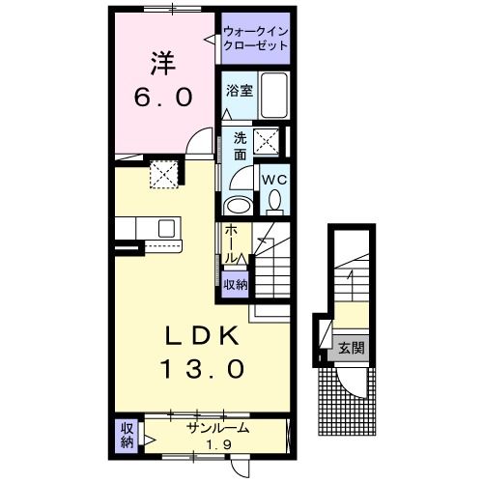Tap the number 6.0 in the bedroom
tap(162, 98)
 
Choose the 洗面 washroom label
tap(240, 144)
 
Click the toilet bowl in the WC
tap(275, 202)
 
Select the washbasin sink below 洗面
tap(236, 205)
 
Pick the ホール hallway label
tap(233, 245)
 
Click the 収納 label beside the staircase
tap(235, 284)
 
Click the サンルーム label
tap(218, 428)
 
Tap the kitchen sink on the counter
tap(165, 229)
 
